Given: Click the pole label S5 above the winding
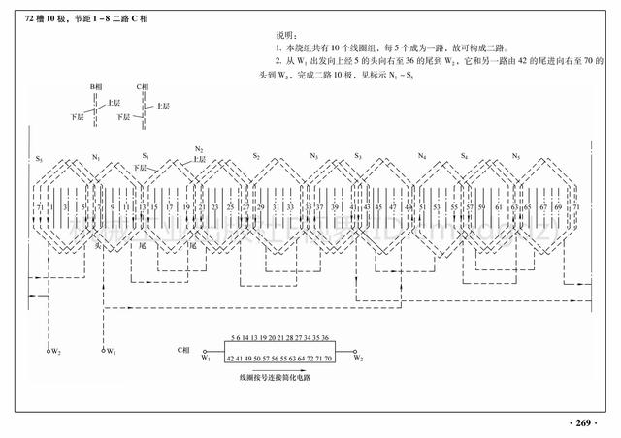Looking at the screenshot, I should click(39, 157).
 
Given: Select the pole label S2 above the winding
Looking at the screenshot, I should click(256, 156).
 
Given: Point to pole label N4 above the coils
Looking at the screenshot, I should click(421, 156).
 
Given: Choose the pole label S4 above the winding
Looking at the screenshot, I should click(465, 156).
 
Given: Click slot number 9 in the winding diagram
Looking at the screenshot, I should click(113, 207).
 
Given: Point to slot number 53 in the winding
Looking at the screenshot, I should click(439, 207).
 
